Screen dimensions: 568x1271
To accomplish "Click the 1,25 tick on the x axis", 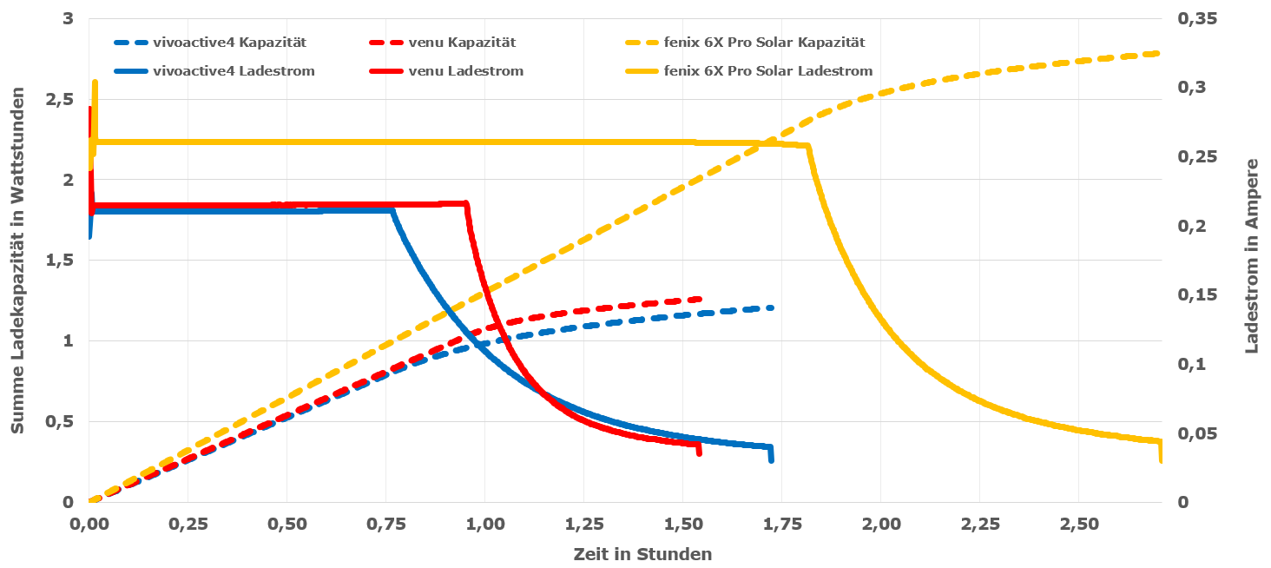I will [682, 525].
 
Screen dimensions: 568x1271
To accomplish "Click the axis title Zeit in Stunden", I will [642, 554].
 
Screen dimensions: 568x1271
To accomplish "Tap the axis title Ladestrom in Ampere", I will [1252, 256].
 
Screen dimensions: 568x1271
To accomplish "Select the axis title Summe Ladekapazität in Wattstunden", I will [17, 261].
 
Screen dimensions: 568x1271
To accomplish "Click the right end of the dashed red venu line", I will [699, 299].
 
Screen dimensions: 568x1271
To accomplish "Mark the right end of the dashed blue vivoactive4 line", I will [771, 307].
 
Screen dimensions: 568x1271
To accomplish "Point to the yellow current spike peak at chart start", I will [95, 83].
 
